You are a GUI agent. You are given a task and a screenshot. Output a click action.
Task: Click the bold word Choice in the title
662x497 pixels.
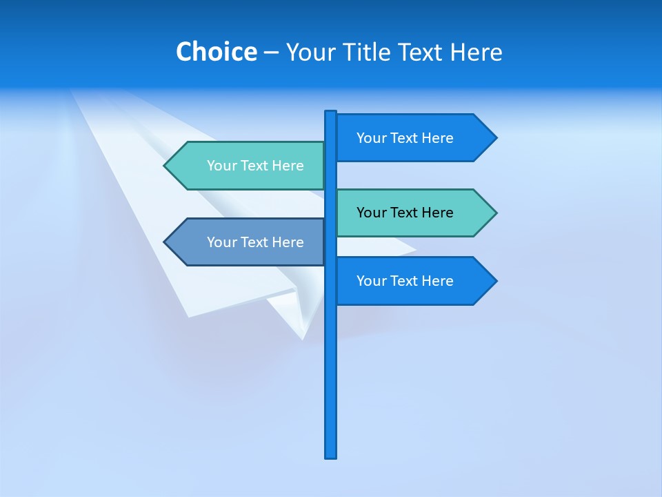pyautogui.click(x=216, y=52)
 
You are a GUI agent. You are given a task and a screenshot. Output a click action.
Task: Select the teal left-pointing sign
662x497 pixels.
pyautogui.click(x=248, y=166)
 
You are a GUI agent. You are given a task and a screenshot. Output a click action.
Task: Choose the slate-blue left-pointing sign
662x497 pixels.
pyautogui.click(x=248, y=242)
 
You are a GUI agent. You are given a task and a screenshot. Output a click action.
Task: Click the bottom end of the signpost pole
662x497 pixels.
pyautogui.click(x=331, y=456)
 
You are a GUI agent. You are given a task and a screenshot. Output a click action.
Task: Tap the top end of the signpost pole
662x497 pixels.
pyautogui.click(x=331, y=113)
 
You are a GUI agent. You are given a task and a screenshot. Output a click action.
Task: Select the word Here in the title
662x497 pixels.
pyautogui.click(x=477, y=52)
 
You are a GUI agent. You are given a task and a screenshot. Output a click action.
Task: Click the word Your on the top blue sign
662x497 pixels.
pyautogui.click(x=371, y=138)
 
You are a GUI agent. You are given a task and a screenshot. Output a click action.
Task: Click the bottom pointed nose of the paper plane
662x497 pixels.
pyautogui.click(x=302, y=338)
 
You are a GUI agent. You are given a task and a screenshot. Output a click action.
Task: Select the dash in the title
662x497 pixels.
pyautogui.click(x=271, y=52)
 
